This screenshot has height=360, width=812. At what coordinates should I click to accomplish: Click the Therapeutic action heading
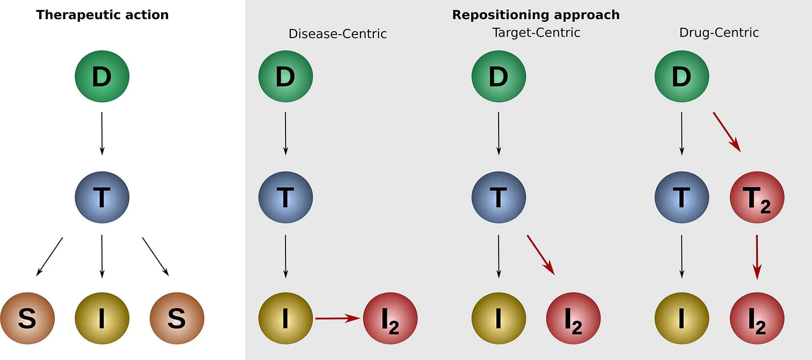[102, 15]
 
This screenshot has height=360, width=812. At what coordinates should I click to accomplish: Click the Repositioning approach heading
[536, 15]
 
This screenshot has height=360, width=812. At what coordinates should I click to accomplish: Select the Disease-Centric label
[337, 34]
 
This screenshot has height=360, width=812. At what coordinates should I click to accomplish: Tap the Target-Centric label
[536, 33]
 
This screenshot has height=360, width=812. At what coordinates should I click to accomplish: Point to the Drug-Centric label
[719, 33]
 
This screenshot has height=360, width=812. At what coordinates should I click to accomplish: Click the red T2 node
[757, 197]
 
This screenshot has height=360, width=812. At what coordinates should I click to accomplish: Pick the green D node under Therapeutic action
[102, 76]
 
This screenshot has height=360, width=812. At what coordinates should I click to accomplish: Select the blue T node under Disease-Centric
[286, 197]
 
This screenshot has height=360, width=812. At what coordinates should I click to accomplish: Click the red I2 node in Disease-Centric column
[390, 318]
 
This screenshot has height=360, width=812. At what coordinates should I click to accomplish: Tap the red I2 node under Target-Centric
[573, 318]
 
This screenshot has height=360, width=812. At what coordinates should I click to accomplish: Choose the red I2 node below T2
[757, 318]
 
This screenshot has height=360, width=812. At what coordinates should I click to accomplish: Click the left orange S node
[27, 318]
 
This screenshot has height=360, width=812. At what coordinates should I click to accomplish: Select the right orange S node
[177, 318]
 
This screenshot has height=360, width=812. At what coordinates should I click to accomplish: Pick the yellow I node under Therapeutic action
[102, 318]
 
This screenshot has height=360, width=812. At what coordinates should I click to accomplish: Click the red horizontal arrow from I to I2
[337, 318]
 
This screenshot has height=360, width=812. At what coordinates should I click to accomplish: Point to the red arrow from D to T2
[727, 132]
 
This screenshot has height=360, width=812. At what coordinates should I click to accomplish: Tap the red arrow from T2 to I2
[757, 257]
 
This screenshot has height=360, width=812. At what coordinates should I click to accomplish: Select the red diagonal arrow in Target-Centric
[541, 255]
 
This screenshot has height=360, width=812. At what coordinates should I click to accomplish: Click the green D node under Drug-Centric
[681, 76]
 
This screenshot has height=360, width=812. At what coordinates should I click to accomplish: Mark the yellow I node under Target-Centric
[499, 318]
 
